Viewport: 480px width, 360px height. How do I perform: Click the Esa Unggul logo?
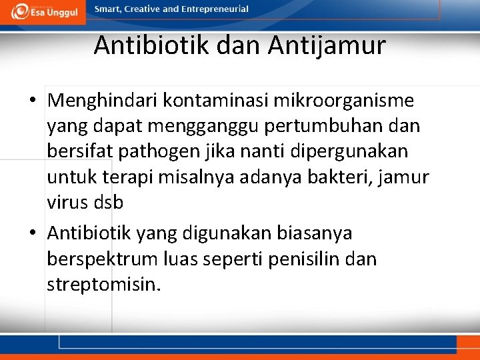(x=45, y=11)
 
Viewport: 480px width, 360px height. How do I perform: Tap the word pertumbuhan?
(x=323, y=127)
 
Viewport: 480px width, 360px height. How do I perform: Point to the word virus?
(x=67, y=203)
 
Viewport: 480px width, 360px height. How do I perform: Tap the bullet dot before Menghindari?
(x=33, y=102)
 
